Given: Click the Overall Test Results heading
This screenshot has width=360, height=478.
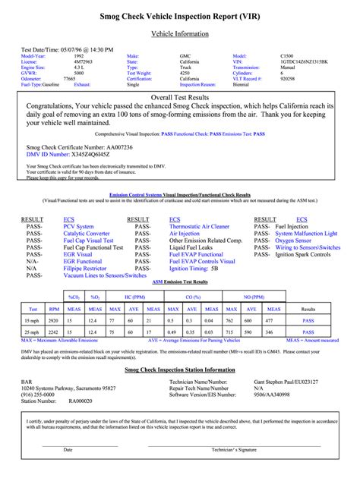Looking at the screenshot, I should click(180, 99).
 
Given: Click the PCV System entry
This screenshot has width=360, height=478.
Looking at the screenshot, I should click(78, 226).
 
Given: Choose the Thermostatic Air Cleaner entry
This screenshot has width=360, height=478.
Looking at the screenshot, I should click(199, 226).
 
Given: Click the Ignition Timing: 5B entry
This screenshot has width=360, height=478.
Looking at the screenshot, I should click(193, 268).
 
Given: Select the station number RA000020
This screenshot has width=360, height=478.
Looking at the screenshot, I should click(81, 401).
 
